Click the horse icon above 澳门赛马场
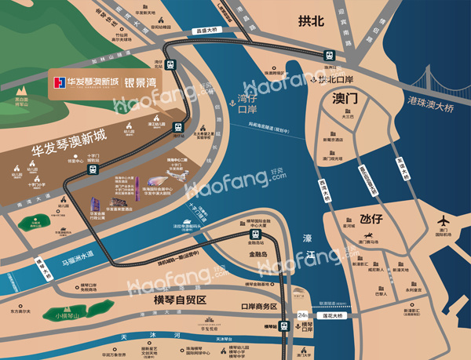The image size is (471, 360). (x=367, y=235)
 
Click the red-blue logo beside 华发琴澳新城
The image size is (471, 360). (x=57, y=83)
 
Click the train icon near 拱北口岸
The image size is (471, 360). (x=328, y=54)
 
